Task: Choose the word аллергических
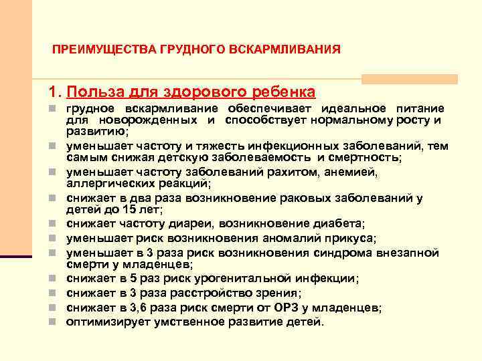[106, 183]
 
